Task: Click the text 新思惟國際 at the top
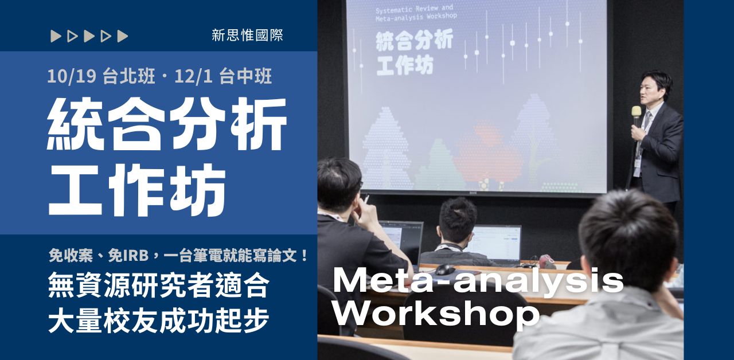coord(247,36)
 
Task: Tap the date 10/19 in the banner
coord(73,76)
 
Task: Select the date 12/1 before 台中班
coord(196,76)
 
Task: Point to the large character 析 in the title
coord(259,124)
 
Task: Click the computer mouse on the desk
coord(445,269)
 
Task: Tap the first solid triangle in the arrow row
coord(55,36)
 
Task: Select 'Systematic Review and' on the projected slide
coord(414,9)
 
